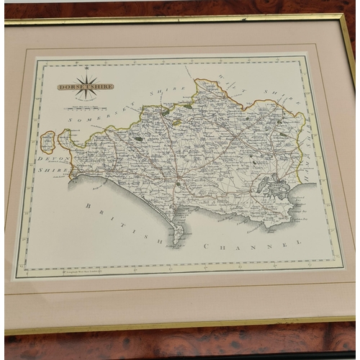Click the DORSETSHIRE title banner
(86, 86)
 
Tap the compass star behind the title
(86, 85)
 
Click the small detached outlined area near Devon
(48, 142)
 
